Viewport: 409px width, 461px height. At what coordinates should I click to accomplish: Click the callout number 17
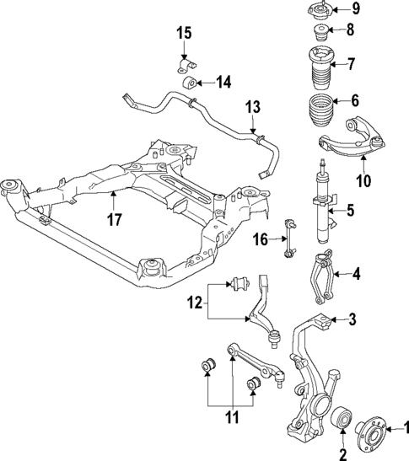pyautogui.click(x=115, y=220)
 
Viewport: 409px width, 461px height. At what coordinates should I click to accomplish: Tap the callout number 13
pyautogui.click(x=253, y=108)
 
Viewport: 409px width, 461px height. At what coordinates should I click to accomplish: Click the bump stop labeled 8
pyautogui.click(x=321, y=35)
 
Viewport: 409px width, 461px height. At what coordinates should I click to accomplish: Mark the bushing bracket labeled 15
pyautogui.click(x=184, y=65)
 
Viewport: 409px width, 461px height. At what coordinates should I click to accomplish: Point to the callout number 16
pyautogui.click(x=261, y=241)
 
